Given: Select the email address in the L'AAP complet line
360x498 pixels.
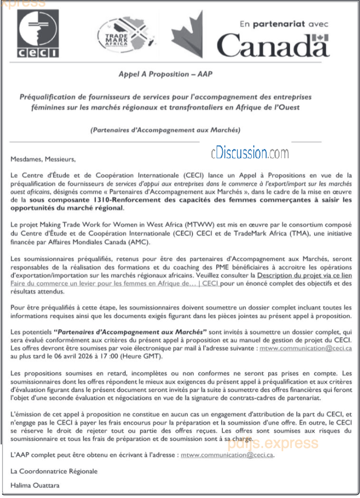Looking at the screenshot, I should tap(227, 456).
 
